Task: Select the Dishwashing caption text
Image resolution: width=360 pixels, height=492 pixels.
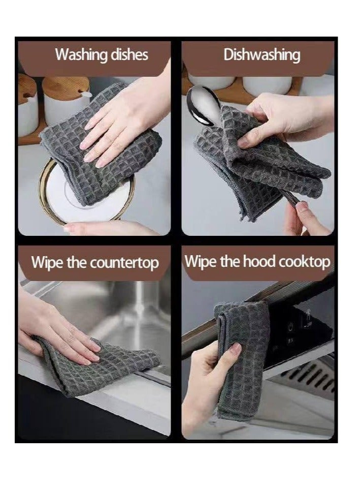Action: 261,54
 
